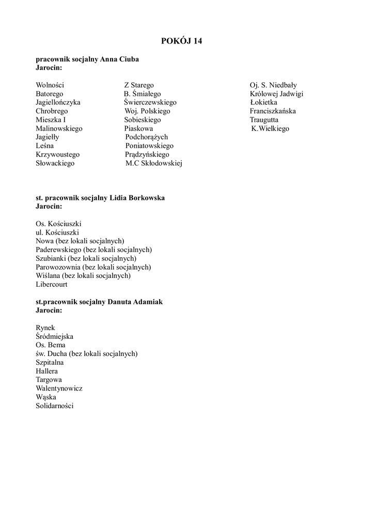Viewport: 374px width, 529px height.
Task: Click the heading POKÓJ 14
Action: (x=181, y=41)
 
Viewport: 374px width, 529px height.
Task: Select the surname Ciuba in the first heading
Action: (x=129, y=59)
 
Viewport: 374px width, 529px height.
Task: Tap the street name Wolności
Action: (x=50, y=85)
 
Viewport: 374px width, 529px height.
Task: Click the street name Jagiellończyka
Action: (x=58, y=102)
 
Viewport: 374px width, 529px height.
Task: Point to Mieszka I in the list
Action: (x=51, y=120)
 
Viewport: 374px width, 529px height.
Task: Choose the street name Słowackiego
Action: (x=55, y=163)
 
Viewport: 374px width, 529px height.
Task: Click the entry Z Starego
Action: (x=138, y=85)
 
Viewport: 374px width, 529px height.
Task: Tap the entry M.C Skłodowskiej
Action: (x=153, y=163)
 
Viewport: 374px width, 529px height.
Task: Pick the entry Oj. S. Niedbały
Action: (x=273, y=85)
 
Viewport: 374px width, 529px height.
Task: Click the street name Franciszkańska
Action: (x=273, y=111)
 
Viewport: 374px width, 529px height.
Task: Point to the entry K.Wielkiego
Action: (x=270, y=129)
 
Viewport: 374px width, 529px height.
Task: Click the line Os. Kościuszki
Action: (x=58, y=224)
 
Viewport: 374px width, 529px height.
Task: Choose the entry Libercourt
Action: (x=52, y=284)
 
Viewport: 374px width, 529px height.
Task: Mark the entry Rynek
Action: (x=45, y=328)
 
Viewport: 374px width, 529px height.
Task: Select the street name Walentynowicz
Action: (x=59, y=388)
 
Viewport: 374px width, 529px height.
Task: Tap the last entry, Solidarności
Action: (x=55, y=406)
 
